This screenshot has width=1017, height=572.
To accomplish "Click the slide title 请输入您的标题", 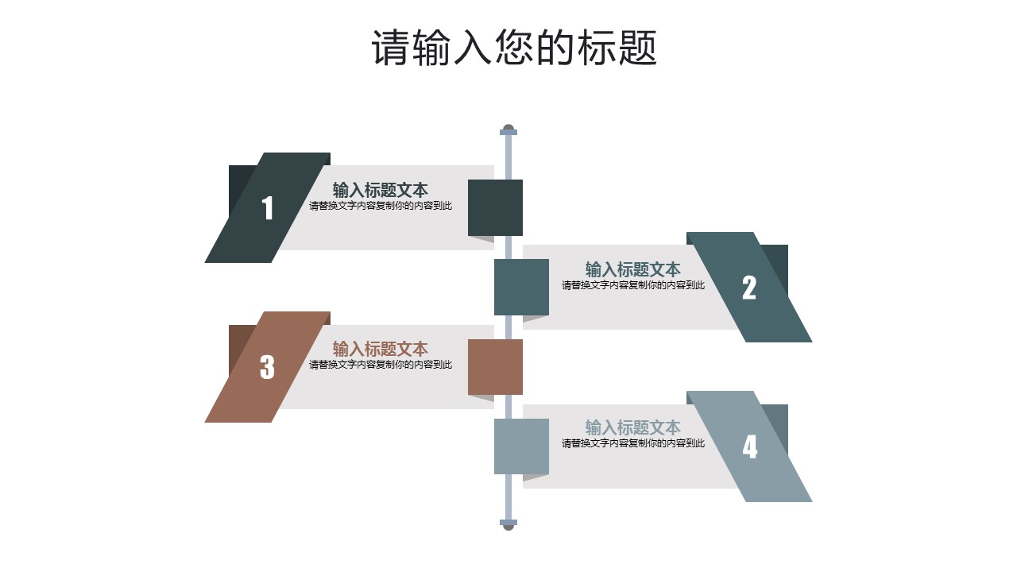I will [x=514, y=48].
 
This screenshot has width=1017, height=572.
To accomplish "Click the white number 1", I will [x=268, y=208].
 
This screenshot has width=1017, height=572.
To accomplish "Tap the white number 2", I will [x=749, y=288].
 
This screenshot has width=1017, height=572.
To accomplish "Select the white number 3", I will [x=267, y=367].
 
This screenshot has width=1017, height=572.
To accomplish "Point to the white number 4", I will [x=750, y=446].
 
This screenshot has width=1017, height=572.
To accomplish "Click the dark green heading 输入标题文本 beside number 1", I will [x=380, y=190].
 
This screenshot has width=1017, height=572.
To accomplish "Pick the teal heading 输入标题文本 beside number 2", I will [x=632, y=269].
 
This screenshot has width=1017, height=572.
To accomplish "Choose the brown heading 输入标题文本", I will [x=380, y=349].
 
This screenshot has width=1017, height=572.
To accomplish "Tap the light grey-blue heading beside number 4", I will [x=632, y=427].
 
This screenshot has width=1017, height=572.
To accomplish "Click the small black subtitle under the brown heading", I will [x=380, y=365].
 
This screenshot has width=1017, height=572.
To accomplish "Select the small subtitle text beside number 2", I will [x=632, y=285].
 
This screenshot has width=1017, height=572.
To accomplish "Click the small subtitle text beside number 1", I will [x=380, y=206].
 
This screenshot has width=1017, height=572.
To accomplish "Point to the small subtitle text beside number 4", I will [x=632, y=443].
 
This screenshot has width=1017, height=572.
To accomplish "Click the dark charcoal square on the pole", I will [x=495, y=207].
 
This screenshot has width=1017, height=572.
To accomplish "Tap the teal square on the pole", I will [x=521, y=287].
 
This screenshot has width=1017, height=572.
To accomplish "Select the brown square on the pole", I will [x=495, y=366].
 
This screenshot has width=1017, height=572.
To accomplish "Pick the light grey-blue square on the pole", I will [x=521, y=446].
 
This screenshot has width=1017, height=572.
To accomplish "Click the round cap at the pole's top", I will [x=508, y=127].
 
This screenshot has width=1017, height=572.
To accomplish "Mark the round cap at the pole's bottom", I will [x=508, y=526].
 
